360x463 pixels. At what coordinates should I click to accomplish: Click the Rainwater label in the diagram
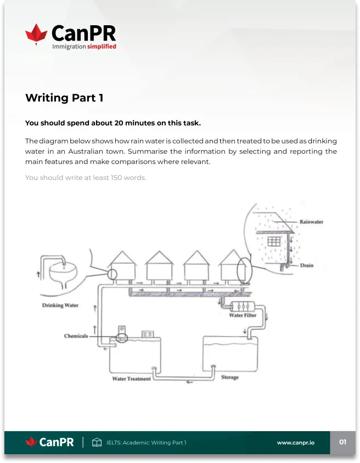pyautogui.click(x=311, y=222)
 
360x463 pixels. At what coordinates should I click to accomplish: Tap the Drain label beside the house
pyautogui.click(x=307, y=265)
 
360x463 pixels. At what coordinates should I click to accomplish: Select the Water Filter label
pyautogui.click(x=243, y=315)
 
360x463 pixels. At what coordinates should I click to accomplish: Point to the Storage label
pyautogui.click(x=230, y=377)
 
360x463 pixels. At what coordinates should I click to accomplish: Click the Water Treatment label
pyautogui.click(x=131, y=379)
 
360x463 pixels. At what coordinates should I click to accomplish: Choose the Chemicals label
pyautogui.click(x=76, y=336)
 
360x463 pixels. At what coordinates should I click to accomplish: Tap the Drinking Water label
pyautogui.click(x=60, y=305)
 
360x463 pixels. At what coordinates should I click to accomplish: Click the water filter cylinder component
pyautogui.click(x=242, y=306)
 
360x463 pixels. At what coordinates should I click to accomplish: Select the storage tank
pyautogui.click(x=230, y=353)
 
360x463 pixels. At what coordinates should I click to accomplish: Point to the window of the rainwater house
pyautogui.click(x=274, y=241)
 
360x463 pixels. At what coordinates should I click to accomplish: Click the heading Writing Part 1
pyautogui.click(x=64, y=98)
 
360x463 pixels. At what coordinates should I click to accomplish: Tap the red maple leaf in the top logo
pyautogui.click(x=36, y=34)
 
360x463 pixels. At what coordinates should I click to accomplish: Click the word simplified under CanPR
pyautogui.click(x=102, y=47)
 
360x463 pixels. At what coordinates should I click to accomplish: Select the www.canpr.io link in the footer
pyautogui.click(x=296, y=443)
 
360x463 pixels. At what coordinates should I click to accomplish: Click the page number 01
pyautogui.click(x=342, y=442)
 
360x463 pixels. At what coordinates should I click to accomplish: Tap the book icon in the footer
pyautogui.click(x=97, y=442)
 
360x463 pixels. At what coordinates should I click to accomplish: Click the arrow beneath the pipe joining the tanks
pyautogui.click(x=189, y=382)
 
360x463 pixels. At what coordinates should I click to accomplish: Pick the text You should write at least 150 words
pyautogui.click(x=86, y=177)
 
